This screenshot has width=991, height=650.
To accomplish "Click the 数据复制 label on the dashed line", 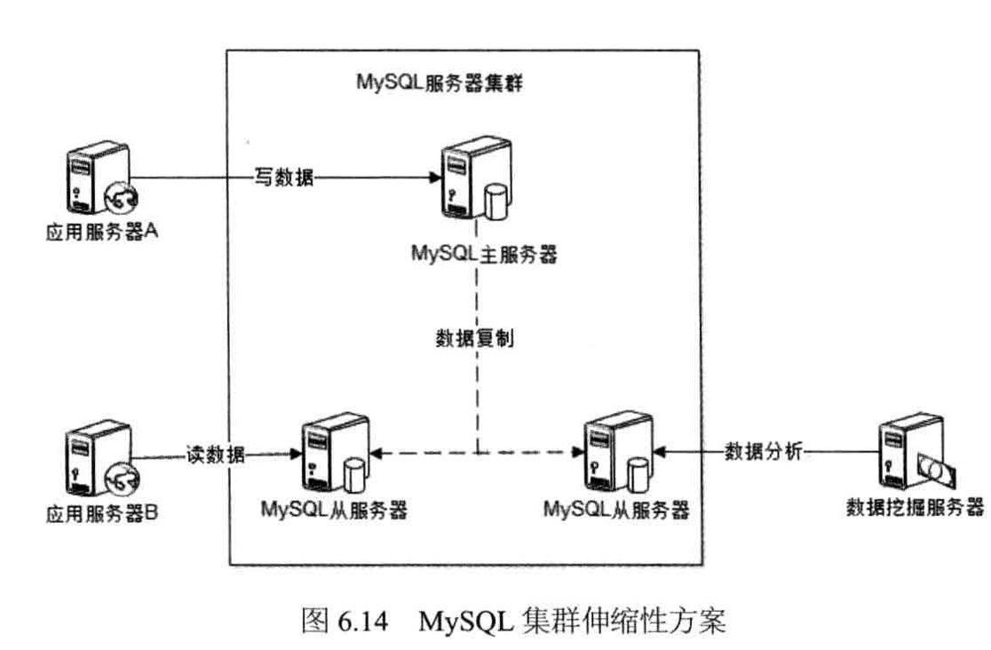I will (477, 339).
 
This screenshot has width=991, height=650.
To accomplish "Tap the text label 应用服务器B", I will (100, 513).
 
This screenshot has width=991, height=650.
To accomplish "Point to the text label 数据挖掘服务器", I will (915, 507).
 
